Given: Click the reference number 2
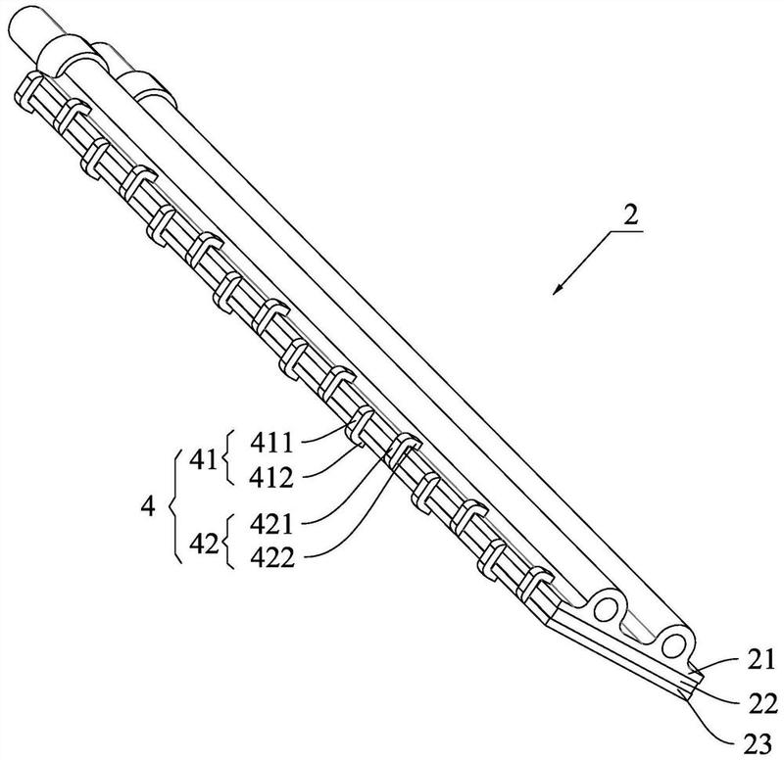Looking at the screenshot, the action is pos(631,214).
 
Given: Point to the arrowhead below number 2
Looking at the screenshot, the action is pos(557,290).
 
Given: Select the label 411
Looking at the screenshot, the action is pos(271,443).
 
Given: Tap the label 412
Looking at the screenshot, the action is pos(271,478).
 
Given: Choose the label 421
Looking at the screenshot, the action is pos(271,524).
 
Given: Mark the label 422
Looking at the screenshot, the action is pos(272,557).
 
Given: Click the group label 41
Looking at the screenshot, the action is pos(204,459).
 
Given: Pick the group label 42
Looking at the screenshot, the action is pos(204,544).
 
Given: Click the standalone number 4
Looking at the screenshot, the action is pos(148,507).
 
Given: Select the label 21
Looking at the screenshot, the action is pos(761,658).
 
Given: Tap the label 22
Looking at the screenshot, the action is pos(763,704).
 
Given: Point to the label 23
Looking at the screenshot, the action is pos(758,745).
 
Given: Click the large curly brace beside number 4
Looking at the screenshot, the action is pos(171,506).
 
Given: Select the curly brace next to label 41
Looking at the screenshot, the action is pos(227,457).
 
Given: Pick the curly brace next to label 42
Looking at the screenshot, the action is pos(227,542).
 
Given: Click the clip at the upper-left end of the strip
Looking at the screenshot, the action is pos(27,91).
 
